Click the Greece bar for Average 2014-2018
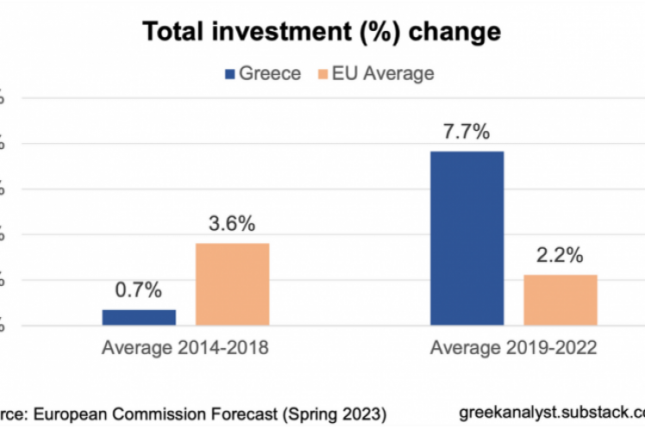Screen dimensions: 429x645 (x=139, y=317)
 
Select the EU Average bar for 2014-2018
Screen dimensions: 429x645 (x=232, y=284)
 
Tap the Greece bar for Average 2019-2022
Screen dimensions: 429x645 (x=467, y=239)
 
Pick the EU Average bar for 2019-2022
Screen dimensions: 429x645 (x=560, y=300)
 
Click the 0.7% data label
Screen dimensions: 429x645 (x=139, y=290)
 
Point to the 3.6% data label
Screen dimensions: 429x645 (x=232, y=224)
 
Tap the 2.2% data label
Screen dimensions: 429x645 (x=560, y=255)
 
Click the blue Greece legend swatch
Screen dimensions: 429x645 (x=229, y=74)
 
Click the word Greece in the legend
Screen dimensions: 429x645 (x=270, y=74)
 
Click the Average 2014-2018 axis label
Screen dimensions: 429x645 (x=185, y=349)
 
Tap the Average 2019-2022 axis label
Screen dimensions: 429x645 (x=513, y=349)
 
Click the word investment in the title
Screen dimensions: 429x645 (x=277, y=33)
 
